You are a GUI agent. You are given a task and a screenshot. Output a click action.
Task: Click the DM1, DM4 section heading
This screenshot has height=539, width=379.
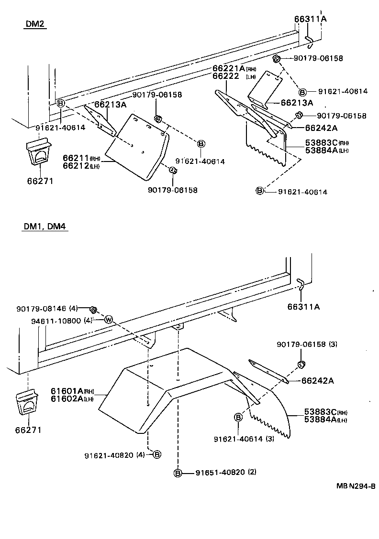44,226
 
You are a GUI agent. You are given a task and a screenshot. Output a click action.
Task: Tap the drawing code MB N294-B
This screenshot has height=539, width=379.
355,486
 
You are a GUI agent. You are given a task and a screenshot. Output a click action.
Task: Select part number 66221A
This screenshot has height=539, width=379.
229,69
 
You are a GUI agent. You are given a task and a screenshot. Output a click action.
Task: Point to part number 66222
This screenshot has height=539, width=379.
226,76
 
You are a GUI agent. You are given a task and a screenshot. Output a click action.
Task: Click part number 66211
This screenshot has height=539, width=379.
76,158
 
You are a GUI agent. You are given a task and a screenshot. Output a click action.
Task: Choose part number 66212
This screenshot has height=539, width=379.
76,165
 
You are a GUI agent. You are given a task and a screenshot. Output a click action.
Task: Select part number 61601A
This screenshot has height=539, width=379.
67,391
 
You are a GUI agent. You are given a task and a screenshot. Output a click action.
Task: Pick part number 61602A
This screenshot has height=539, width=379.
67,399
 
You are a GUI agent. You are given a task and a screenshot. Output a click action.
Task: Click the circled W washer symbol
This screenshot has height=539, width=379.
108,320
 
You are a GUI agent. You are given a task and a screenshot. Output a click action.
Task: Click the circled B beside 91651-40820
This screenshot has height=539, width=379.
178,473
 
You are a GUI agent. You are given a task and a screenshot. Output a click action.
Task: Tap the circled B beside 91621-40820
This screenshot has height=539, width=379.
157,454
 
